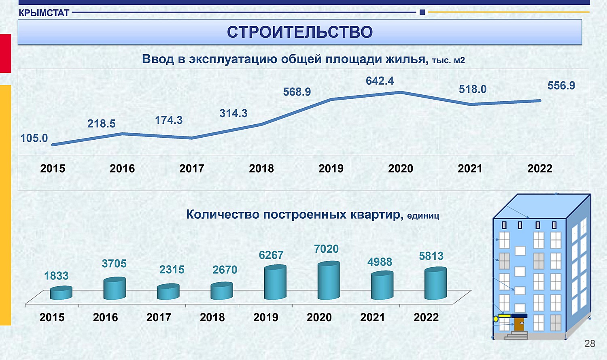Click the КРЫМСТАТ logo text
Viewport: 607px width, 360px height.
[x=44, y=13]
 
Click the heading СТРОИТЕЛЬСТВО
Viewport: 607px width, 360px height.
[x=300, y=32]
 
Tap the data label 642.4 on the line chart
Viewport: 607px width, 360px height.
[x=380, y=81]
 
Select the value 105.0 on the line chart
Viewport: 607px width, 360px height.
[x=34, y=138]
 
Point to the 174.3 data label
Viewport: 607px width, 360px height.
[x=169, y=120]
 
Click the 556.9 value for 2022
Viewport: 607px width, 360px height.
[x=561, y=86]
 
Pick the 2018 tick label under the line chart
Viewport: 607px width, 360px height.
[x=261, y=168]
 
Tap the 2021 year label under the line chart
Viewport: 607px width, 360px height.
[x=470, y=168]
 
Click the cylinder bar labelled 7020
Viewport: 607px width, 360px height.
[x=329, y=280]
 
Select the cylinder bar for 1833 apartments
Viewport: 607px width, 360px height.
[x=61, y=293]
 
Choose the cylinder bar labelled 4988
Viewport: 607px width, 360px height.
[x=382, y=285]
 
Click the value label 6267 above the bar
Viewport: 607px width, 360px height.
[x=271, y=255]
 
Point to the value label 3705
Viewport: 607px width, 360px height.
[x=114, y=264]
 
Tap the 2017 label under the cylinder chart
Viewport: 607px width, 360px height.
[x=159, y=317]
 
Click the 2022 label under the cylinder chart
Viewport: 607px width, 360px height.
[x=426, y=317]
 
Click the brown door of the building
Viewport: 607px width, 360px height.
[x=520, y=324]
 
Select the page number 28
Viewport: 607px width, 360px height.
[x=590, y=343]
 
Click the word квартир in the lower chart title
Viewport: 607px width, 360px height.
[x=375, y=215]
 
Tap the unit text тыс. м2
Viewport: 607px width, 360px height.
[x=448, y=60]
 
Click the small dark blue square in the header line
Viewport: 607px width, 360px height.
[x=422, y=12]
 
